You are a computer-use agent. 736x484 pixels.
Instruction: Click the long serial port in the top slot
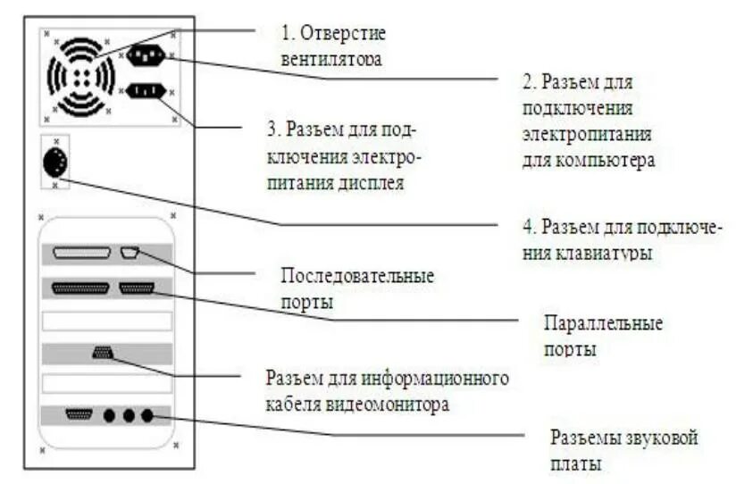(82, 253)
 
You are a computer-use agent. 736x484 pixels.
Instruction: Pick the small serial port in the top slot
(130, 252)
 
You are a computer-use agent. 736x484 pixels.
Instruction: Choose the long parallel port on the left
(83, 288)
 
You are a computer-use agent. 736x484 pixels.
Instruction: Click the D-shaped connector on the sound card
(81, 414)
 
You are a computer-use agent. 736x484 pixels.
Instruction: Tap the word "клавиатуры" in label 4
(607, 253)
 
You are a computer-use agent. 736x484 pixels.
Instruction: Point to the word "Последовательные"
(358, 277)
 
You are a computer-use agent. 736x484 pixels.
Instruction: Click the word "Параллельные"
(604, 321)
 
